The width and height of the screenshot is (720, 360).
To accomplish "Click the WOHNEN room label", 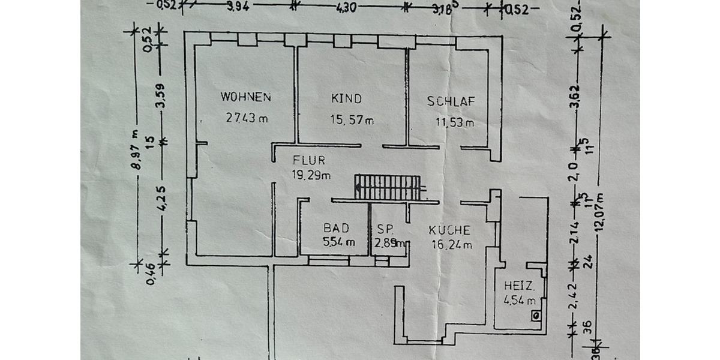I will pos(246,97).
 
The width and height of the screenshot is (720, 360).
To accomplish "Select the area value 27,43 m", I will pos(247,118).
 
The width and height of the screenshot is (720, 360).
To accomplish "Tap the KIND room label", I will pos(347,98).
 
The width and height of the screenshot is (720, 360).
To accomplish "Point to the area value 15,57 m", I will pos(352,120).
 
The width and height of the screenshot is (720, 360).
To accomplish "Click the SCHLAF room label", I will pos(451,101).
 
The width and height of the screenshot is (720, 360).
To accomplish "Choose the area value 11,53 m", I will pos(454,123).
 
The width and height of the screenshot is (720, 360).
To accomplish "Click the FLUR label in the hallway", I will pos(309,160).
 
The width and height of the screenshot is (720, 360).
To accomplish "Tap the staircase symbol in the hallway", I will pos(387,187).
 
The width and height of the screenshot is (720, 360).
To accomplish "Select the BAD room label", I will pos(336,228).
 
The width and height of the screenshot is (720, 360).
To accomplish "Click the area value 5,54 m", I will pos(339,243).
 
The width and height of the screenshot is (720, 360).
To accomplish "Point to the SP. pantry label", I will pos(385,229).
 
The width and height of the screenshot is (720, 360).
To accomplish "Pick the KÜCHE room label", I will pos(449,230).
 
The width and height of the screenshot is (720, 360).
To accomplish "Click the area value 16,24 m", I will pos(452,244).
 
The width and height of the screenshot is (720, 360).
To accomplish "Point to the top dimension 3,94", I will pos(236,7).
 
